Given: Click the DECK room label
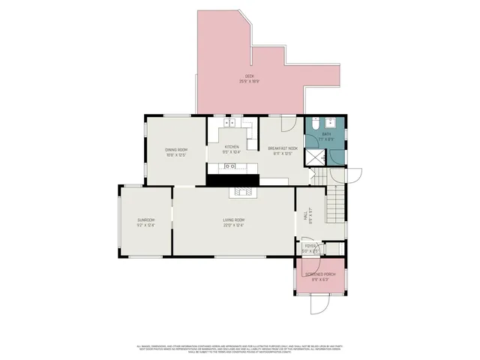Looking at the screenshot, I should (x=250, y=76).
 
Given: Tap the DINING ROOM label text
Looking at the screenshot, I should (x=175, y=150).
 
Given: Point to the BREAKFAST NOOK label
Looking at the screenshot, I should (x=283, y=148).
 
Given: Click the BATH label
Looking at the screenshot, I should (x=326, y=136).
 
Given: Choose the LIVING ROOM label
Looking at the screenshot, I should (x=234, y=220).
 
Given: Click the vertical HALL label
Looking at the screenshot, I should (x=305, y=216).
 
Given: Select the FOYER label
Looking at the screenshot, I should (x=310, y=247).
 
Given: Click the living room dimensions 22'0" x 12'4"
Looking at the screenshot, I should (x=234, y=225).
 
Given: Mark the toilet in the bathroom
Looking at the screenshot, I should (x=317, y=123).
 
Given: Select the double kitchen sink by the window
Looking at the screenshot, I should (x=231, y=122).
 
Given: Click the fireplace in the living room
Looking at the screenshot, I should (x=244, y=191).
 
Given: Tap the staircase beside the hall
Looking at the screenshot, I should (x=336, y=202).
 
